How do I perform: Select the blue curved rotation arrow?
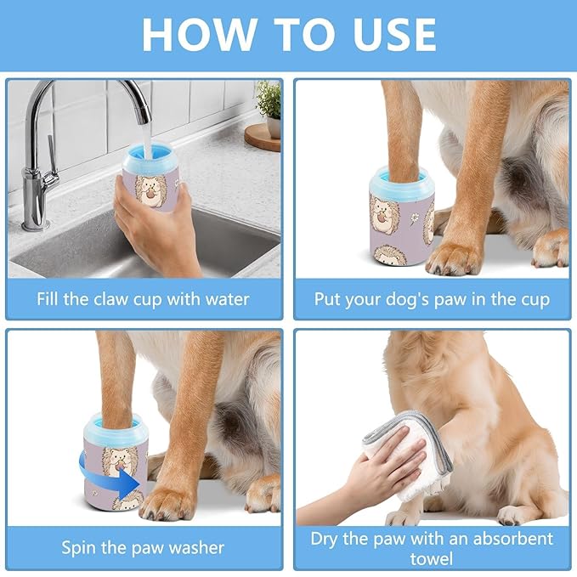106,475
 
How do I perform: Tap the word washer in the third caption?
198,546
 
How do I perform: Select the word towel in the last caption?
432,558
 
